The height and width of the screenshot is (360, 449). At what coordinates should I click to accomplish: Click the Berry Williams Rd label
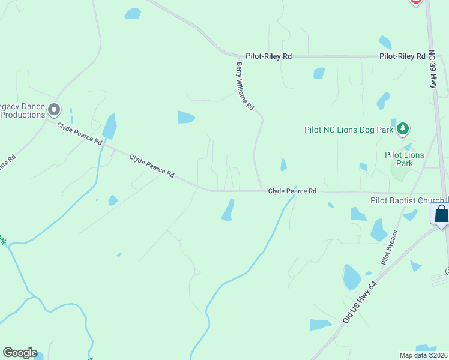[x=244, y=86]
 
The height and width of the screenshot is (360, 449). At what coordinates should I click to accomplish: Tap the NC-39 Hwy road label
[x=432, y=69]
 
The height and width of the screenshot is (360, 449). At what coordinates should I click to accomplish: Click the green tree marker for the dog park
[x=404, y=128]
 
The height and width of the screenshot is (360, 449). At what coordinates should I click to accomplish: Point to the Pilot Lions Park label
[x=405, y=159]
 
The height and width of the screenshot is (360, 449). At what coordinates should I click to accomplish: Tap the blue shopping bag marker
[x=441, y=214]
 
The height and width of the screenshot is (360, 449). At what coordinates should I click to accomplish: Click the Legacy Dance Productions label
[x=23, y=110]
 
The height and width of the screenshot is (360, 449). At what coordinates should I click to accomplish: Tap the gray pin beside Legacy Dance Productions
[x=54, y=109]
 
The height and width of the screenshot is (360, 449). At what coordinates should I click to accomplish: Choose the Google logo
[x=20, y=353]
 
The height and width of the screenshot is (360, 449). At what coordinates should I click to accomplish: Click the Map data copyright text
[x=424, y=355]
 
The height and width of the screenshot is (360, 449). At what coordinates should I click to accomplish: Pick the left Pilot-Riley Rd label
[x=268, y=56]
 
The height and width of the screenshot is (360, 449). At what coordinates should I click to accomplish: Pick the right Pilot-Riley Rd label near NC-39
[x=402, y=56]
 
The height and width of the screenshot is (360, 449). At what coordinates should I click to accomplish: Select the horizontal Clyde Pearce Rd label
[x=292, y=191]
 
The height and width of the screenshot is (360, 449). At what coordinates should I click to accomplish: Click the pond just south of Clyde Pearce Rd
[x=228, y=210]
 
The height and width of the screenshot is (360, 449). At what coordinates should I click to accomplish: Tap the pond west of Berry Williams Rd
[x=186, y=117]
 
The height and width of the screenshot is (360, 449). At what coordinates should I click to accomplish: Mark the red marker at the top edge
[x=415, y=2]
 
